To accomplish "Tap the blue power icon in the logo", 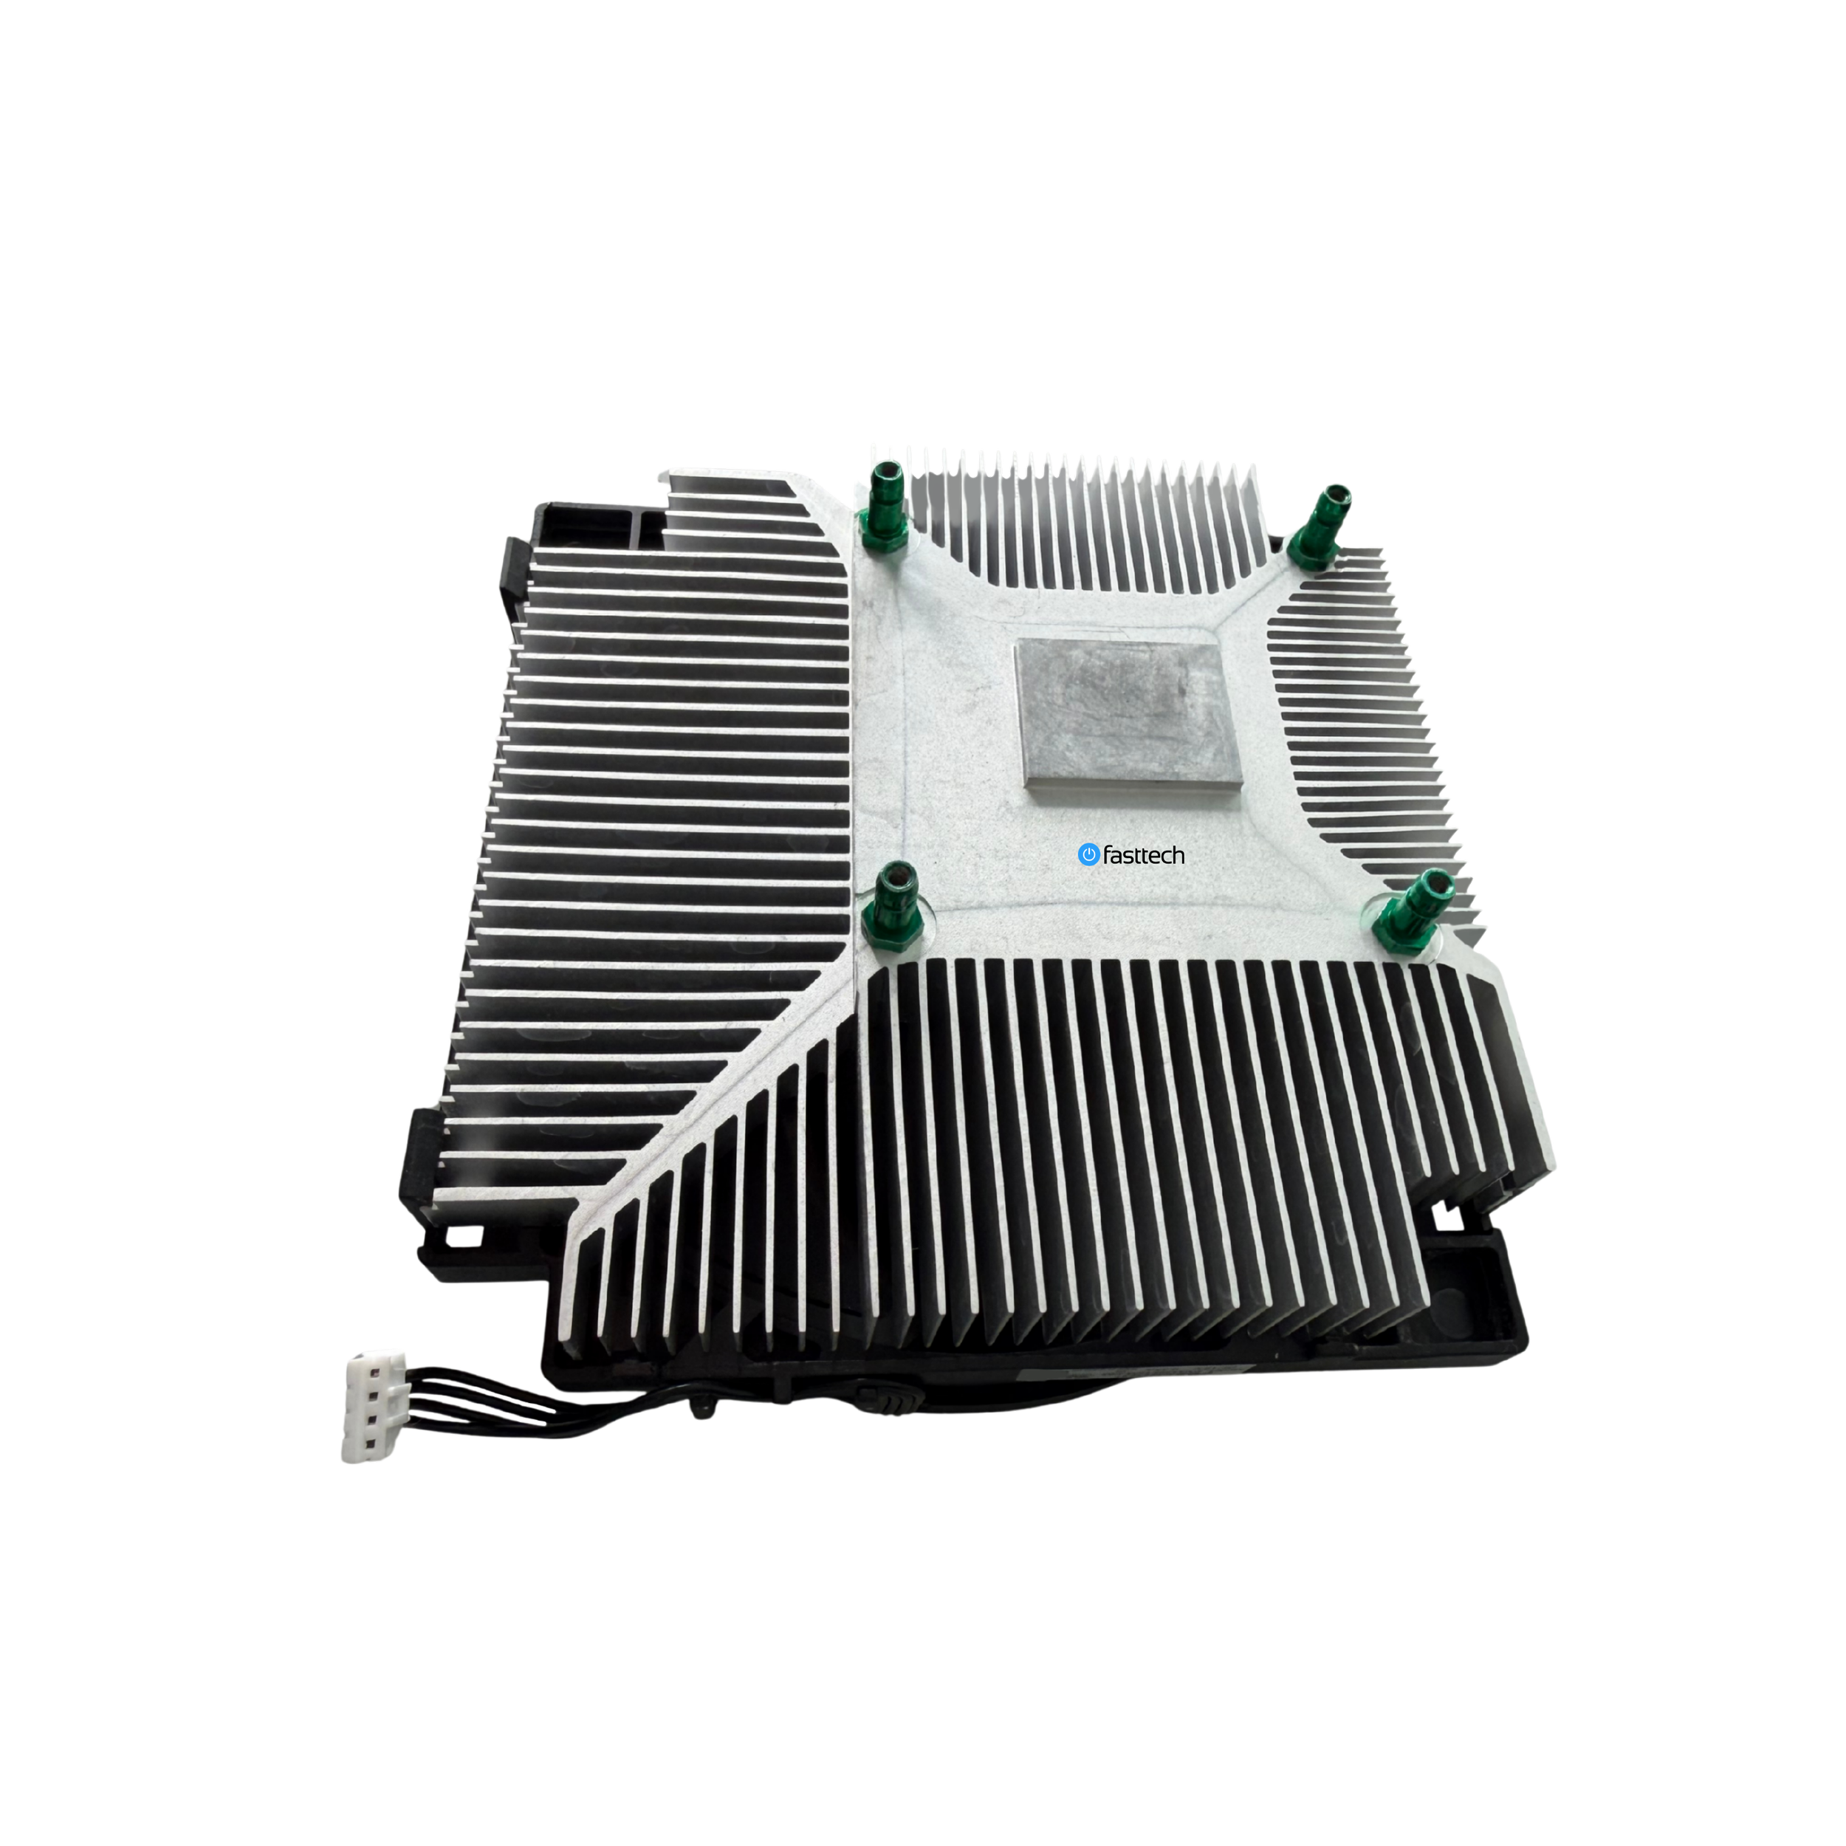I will click(x=1088, y=854).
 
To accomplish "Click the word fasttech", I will click(x=1144, y=855).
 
